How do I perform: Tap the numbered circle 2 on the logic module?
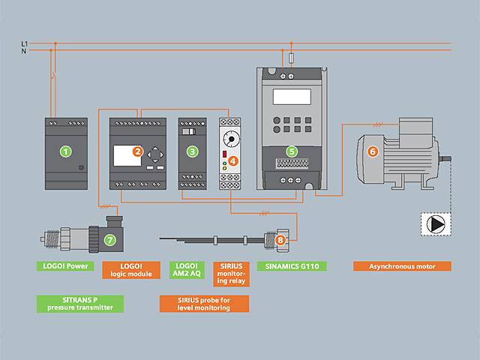tap(137, 151)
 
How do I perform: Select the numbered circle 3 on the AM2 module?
tap(193, 151)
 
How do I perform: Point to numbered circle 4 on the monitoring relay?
tap(233, 159)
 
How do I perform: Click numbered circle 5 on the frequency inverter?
tap(292, 151)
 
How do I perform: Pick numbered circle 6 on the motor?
tap(373, 151)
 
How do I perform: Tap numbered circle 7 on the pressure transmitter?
tap(110, 240)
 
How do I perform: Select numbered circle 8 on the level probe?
tap(280, 240)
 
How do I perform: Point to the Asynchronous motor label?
tap(402, 266)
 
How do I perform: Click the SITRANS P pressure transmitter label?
tap(79, 302)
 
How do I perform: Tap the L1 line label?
tap(25, 44)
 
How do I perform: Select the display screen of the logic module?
tap(124, 155)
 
